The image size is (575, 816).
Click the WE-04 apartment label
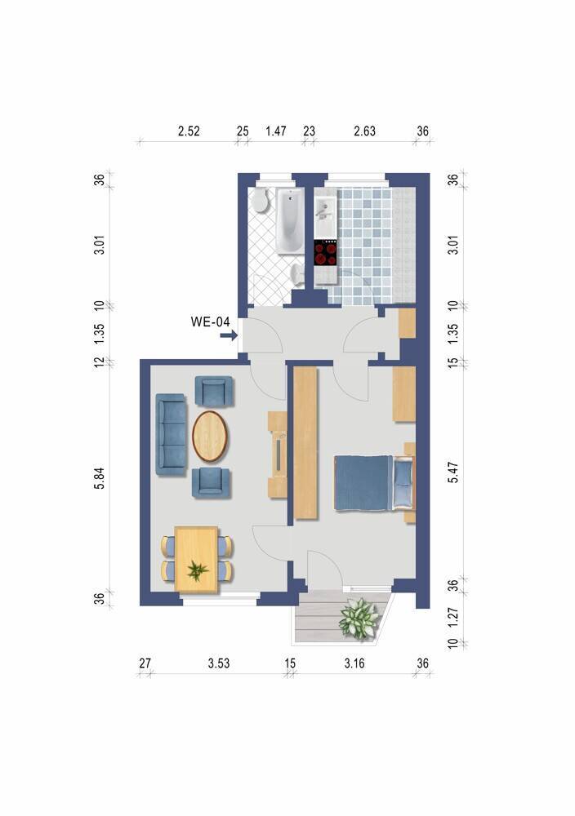(x=210, y=322)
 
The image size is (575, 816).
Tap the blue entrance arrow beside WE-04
(x=229, y=335)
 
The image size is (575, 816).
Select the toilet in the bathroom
(x=261, y=202)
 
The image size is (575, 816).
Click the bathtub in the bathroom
(x=289, y=222)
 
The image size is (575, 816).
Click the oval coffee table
(x=212, y=435)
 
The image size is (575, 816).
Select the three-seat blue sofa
(x=171, y=432)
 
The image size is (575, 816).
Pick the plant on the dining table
(x=196, y=569)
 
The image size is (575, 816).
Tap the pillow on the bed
(x=403, y=483)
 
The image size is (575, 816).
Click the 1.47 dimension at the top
(x=275, y=131)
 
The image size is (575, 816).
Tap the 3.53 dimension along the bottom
(x=218, y=663)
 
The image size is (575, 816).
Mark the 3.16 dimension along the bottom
(x=354, y=663)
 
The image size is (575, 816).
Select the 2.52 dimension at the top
(x=189, y=131)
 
